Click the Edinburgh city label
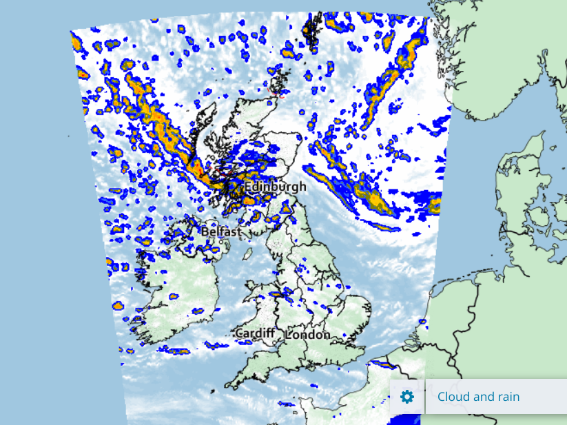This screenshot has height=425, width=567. pyautogui.click(x=275, y=187)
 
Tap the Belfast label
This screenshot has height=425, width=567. pyautogui.click(x=221, y=232)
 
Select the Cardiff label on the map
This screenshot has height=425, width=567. pyautogui.click(x=254, y=333)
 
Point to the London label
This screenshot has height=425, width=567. pyautogui.click(x=308, y=334)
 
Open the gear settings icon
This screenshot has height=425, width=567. pyautogui.click(x=407, y=396)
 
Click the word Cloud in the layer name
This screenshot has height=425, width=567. pyautogui.click(x=453, y=397)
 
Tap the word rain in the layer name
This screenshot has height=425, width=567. pyautogui.click(x=506, y=397)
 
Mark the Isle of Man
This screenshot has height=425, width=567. pyautogui.click(x=247, y=254)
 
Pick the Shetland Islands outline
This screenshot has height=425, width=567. pyautogui.click(x=313, y=31)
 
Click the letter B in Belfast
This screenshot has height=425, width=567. pyautogui.click(x=205, y=232)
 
